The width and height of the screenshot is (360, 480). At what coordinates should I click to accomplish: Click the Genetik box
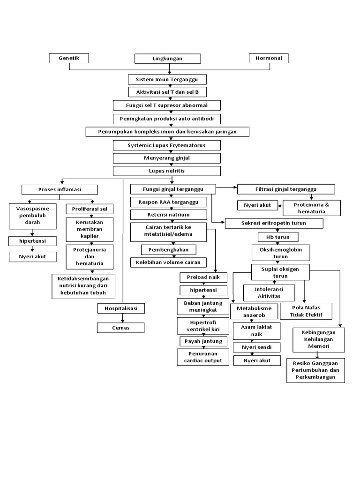click(x=69, y=58)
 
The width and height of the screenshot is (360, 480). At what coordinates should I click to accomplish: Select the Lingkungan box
click(x=167, y=59)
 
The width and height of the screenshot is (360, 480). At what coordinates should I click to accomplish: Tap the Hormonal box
click(x=269, y=58)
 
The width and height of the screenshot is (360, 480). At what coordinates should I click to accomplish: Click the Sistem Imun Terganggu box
click(x=167, y=79)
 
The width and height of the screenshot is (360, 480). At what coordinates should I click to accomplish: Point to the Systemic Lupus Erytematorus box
click(x=167, y=146)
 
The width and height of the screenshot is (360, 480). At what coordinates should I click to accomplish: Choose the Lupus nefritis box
click(x=167, y=171)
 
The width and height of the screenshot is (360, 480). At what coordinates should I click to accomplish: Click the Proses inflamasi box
click(x=60, y=189)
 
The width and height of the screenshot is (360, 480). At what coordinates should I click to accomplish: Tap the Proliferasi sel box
click(x=90, y=208)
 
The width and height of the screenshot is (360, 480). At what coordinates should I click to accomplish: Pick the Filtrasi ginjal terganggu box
click(x=286, y=189)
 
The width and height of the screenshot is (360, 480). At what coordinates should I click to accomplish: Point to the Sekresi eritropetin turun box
click(x=274, y=223)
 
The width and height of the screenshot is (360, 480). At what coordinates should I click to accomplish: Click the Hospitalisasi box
click(x=121, y=308)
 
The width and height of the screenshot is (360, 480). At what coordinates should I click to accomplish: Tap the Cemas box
click(x=121, y=328)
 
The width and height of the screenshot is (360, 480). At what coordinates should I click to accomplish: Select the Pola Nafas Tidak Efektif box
click(x=306, y=311)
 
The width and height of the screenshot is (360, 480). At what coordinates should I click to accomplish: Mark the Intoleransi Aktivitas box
click(x=269, y=293)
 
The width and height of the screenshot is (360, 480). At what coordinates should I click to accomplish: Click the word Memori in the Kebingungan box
click(x=319, y=346)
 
